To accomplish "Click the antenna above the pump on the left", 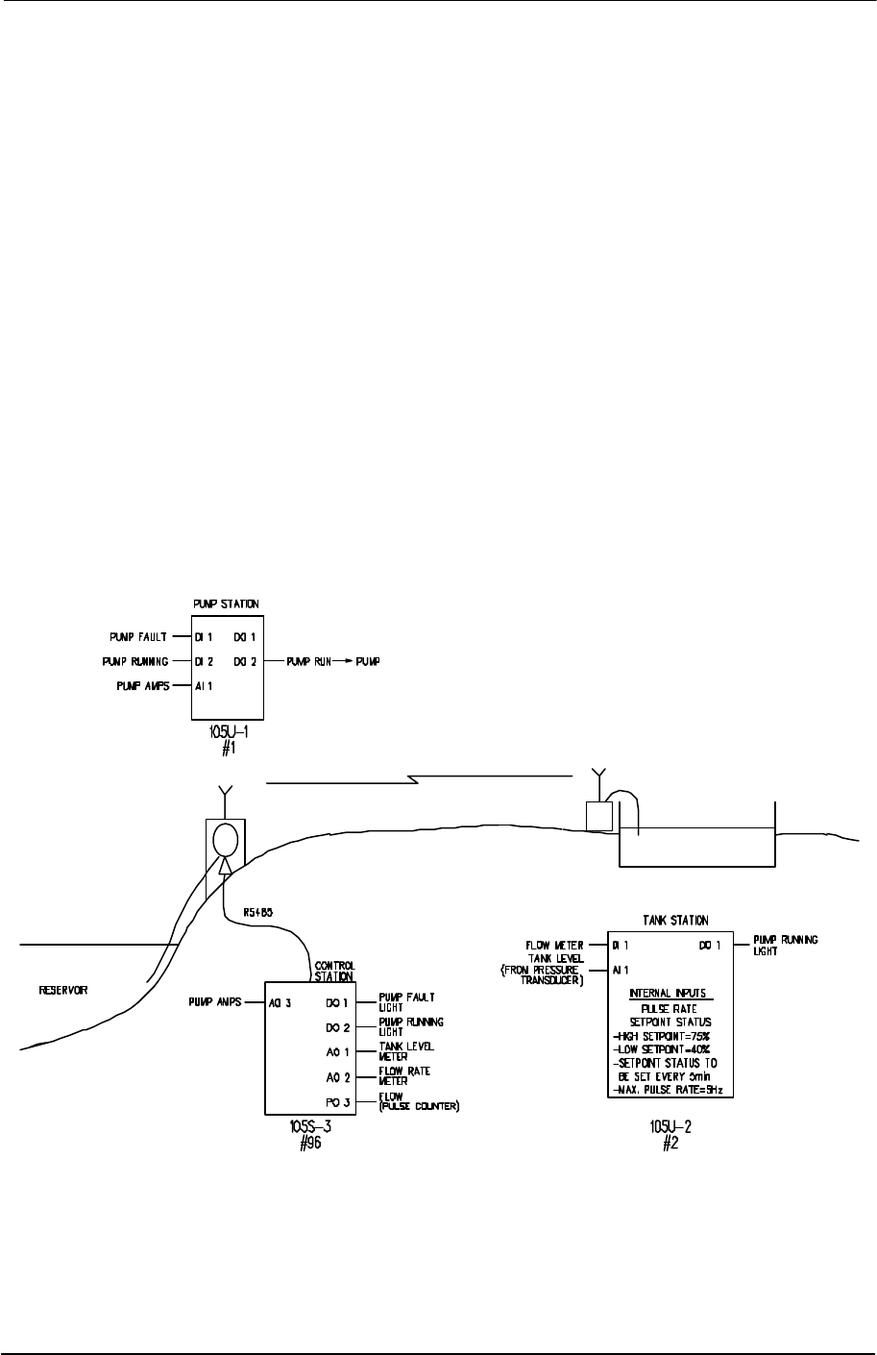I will coord(224,794).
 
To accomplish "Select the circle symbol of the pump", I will coord(225,840).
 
